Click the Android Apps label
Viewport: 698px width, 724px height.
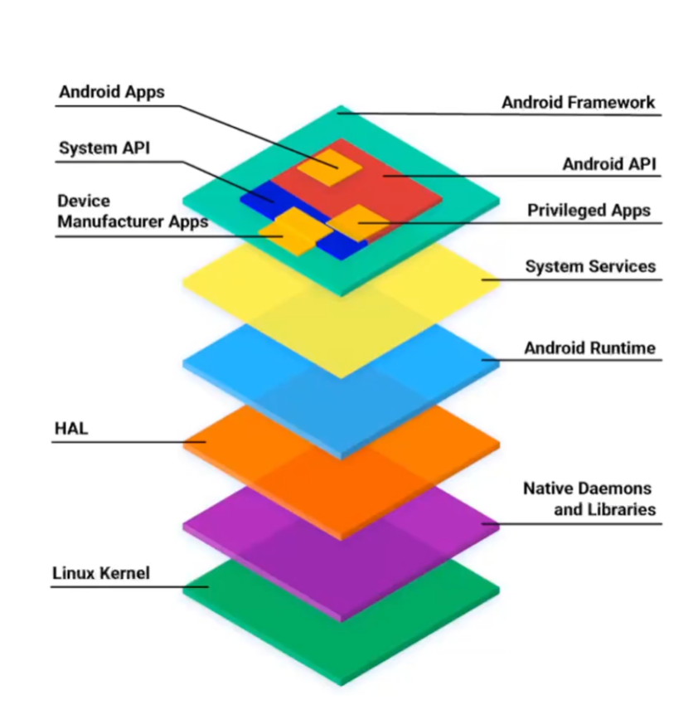111,92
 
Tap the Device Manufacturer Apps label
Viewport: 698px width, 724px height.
132,211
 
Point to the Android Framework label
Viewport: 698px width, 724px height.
578,103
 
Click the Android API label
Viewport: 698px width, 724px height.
608,164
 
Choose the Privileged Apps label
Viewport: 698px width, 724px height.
589,211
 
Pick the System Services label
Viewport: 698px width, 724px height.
590,266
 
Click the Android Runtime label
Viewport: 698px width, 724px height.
589,347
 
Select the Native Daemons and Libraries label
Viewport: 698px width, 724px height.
589,498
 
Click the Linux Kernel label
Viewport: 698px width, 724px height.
101,573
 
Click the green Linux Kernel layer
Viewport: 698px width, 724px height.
341,647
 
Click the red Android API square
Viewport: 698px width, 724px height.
398,187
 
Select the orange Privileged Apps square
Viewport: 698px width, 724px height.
358,221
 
